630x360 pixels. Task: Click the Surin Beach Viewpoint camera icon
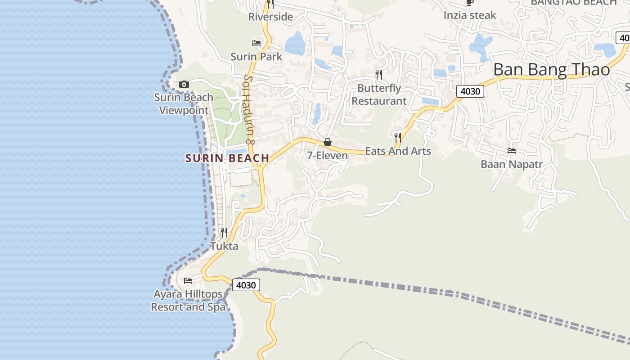(184, 84)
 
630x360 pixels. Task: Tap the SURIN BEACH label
(227, 158)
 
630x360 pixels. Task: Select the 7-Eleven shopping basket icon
(328, 142)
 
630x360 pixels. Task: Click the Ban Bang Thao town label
(551, 70)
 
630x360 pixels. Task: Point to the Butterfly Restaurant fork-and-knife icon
(379, 74)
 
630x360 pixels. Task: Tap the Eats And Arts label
(398, 151)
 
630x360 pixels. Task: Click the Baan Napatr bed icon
(512, 151)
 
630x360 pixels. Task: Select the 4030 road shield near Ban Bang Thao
(470, 91)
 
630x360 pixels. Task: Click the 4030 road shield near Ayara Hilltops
(246, 285)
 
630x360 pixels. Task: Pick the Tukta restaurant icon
(224, 233)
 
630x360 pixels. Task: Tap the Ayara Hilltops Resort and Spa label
(188, 301)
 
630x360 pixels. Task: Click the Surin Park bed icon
(256, 43)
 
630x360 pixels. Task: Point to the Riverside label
(270, 17)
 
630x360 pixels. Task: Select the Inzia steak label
(470, 15)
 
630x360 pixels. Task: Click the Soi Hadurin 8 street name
(249, 109)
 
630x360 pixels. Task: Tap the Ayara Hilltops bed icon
(188, 281)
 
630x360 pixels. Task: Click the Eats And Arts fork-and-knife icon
(397, 137)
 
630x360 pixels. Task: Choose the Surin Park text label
(256, 57)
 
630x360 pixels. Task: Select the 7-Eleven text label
(328, 156)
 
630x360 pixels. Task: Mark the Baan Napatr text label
(512, 164)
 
